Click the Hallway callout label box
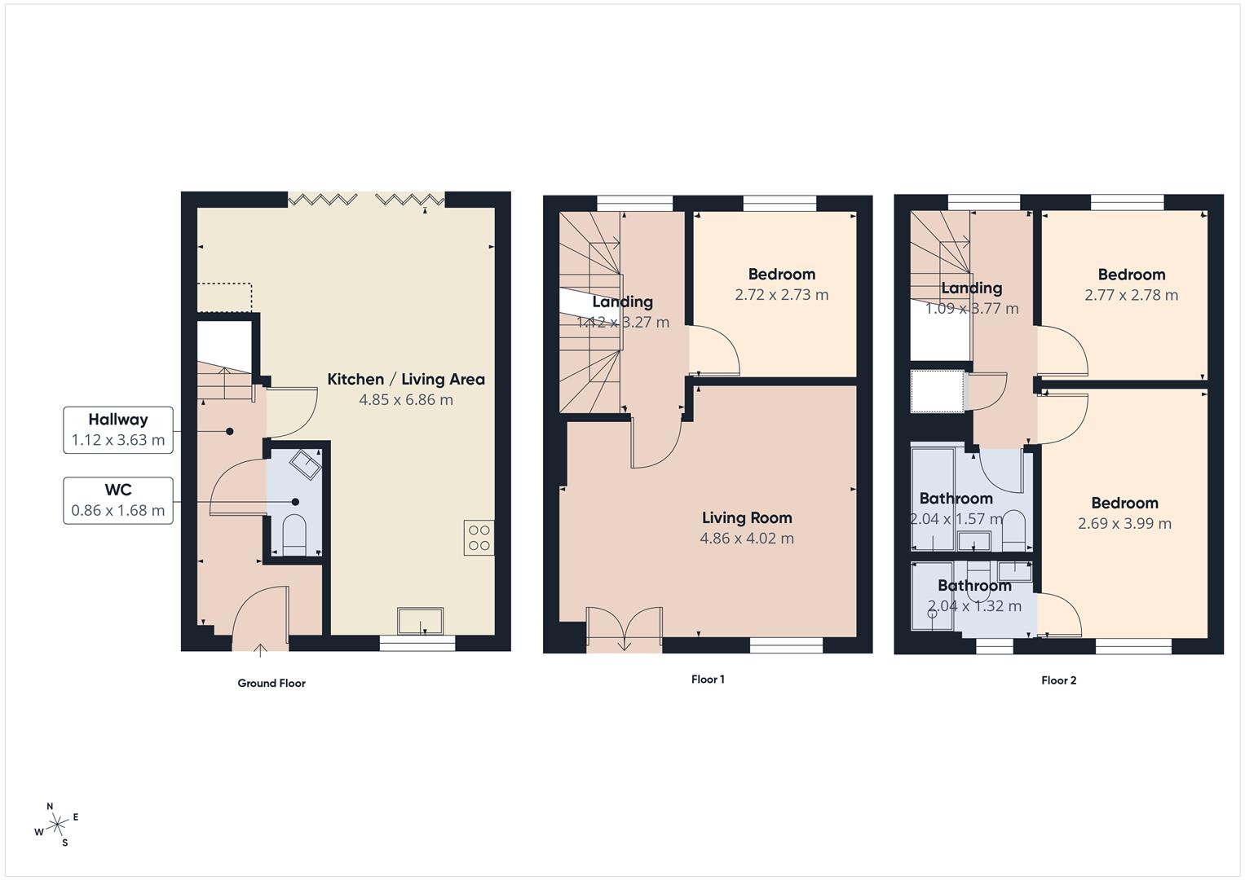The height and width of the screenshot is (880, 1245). click(118, 430)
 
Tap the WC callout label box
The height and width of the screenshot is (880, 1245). click(118, 500)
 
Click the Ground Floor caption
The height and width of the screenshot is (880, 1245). click(272, 683)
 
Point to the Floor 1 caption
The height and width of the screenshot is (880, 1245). click(708, 679)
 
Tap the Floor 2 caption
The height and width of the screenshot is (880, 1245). click(1058, 680)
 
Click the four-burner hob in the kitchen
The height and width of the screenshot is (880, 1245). click(479, 538)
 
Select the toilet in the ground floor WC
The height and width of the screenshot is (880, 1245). click(293, 535)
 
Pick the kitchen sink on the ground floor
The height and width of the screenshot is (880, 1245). click(421, 621)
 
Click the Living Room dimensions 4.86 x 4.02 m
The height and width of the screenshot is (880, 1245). click(747, 538)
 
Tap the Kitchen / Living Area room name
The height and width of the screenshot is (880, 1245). click(406, 379)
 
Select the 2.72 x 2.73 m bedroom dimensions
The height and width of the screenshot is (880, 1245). click(781, 295)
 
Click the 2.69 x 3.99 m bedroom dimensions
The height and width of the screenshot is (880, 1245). click(1124, 524)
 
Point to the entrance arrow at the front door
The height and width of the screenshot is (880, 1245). click(261, 649)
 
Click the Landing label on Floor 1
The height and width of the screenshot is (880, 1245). click(623, 301)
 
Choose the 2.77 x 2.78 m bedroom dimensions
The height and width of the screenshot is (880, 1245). click(1131, 295)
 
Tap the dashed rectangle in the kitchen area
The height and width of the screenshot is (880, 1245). click(225, 297)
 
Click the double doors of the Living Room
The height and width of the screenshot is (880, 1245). click(624, 630)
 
